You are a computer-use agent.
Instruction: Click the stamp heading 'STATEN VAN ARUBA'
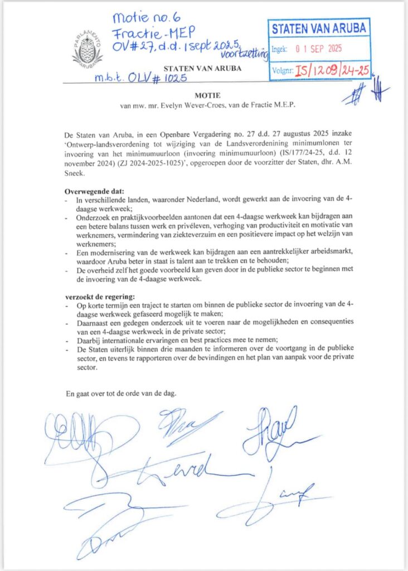coord(319,28)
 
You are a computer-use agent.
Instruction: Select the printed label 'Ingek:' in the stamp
coord(280,49)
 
